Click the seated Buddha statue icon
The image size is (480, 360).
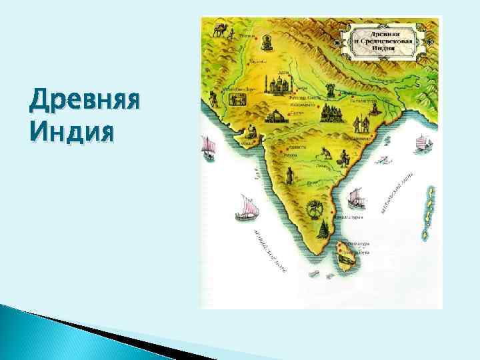pyautogui.click(x=267, y=45)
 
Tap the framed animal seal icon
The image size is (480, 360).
pyautogui.click(x=236, y=99)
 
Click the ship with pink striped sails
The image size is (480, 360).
pyautogui.click(x=246, y=209)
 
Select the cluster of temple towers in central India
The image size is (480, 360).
pyautogui.click(x=329, y=114)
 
